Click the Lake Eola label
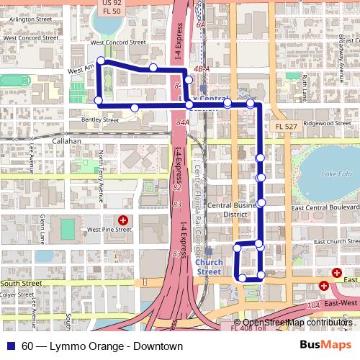337,174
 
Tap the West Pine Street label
109,230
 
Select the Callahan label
66,142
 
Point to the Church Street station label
210,268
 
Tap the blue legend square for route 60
11,346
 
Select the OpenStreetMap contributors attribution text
298,323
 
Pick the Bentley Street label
99,120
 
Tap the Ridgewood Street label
328,123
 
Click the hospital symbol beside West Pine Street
123,219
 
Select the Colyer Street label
17,294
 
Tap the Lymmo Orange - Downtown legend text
102,346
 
